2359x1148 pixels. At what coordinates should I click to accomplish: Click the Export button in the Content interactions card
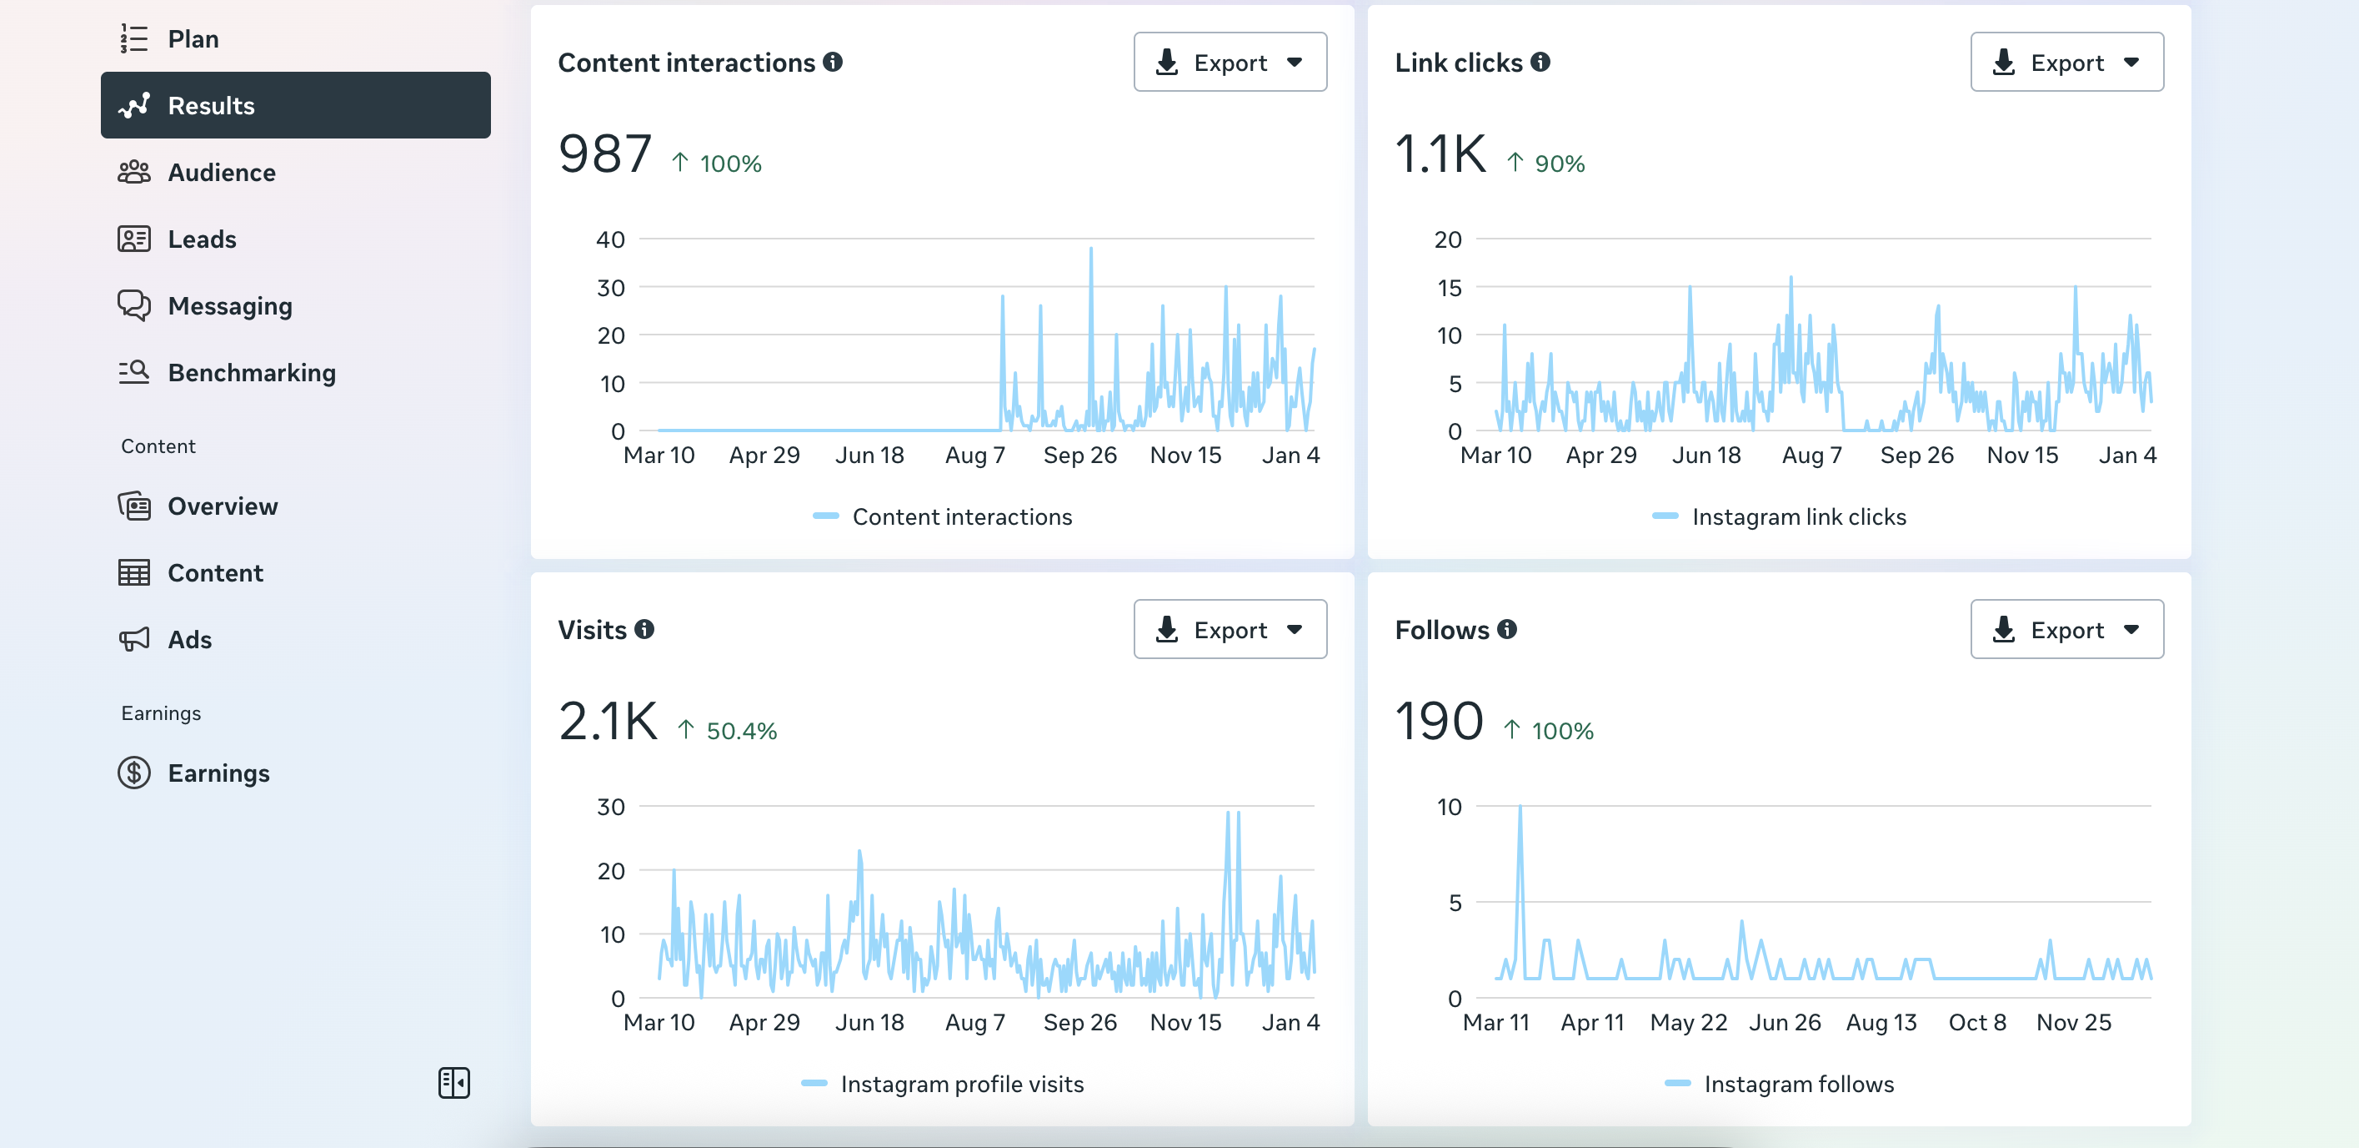pyautogui.click(x=1230, y=63)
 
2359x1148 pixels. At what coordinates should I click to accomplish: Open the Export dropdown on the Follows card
pyautogui.click(x=2067, y=629)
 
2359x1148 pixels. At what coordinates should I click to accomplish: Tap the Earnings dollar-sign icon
pyautogui.click(x=133, y=773)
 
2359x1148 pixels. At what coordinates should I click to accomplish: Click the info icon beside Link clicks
pyautogui.click(x=1541, y=62)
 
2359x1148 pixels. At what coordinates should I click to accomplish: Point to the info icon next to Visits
pyautogui.click(x=644, y=629)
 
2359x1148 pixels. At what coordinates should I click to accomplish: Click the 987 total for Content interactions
pyautogui.click(x=605, y=154)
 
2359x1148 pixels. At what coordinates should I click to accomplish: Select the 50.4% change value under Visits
pyautogui.click(x=742, y=731)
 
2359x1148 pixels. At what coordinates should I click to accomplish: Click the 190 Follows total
pyautogui.click(x=1439, y=721)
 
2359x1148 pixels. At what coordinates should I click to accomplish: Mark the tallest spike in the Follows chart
pyautogui.click(x=1520, y=806)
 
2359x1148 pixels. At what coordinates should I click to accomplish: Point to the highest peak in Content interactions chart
pyautogui.click(x=1090, y=249)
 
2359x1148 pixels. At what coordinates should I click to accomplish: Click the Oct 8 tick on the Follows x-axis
pyautogui.click(x=1977, y=1023)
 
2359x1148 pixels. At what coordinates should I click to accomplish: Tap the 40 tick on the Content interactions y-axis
pyautogui.click(x=611, y=240)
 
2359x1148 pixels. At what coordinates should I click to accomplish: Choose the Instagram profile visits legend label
pyautogui.click(x=963, y=1085)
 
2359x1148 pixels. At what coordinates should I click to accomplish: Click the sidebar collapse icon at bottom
pyautogui.click(x=454, y=1083)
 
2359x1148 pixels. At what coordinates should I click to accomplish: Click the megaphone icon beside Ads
pyautogui.click(x=133, y=640)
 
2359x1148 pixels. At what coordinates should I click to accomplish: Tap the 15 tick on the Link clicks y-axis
pyautogui.click(x=1449, y=289)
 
